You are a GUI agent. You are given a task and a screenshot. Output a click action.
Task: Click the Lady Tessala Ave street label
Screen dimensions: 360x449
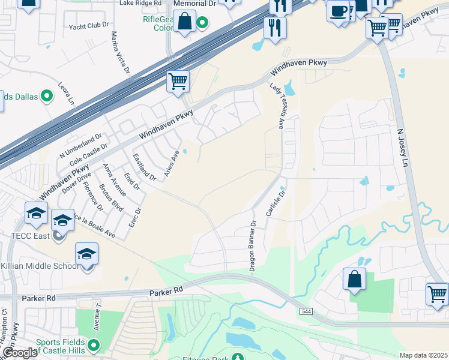point(278,106)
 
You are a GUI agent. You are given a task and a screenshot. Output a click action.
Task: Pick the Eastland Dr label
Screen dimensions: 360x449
point(144,168)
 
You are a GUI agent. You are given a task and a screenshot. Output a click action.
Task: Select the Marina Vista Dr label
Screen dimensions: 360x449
point(119,53)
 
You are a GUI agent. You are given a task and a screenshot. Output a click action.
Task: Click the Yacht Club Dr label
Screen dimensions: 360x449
point(89,25)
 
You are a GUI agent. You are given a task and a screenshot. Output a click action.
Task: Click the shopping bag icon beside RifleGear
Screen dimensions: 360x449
point(185,22)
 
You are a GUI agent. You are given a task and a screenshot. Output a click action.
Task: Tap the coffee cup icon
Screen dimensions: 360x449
point(339,11)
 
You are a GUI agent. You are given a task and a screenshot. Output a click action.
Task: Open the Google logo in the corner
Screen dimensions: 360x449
point(19,353)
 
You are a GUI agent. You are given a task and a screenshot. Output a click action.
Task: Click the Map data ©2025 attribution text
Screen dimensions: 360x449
point(423,355)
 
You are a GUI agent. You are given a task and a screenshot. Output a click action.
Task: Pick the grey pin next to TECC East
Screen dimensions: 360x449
point(58,236)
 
